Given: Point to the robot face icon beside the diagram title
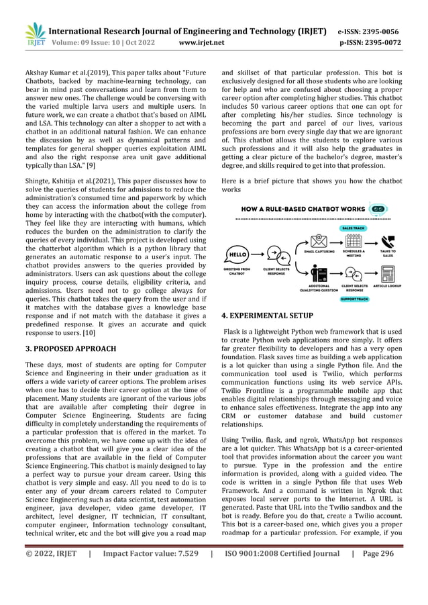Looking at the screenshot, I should pyautogui.click(x=382, y=210).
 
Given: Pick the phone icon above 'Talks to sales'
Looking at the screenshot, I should pyautogui.click(x=388, y=240).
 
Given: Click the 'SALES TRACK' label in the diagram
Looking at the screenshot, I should pyautogui.click(x=353, y=227).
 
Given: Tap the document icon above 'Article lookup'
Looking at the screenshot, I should pyautogui.click(x=388, y=274).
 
